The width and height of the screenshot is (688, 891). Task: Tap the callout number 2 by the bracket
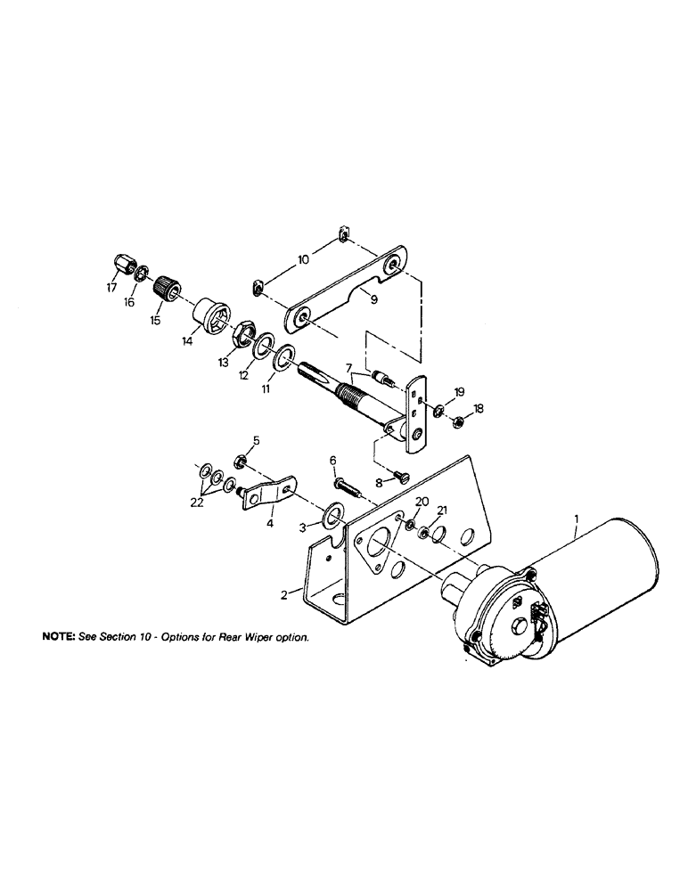285,595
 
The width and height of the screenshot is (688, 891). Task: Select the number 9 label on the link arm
374,300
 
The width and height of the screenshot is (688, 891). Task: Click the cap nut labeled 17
124,265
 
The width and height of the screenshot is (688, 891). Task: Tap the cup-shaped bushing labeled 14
211,317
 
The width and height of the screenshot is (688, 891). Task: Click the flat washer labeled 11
283,358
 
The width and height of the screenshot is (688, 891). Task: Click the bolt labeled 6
346,486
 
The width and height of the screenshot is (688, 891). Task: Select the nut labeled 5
240,462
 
